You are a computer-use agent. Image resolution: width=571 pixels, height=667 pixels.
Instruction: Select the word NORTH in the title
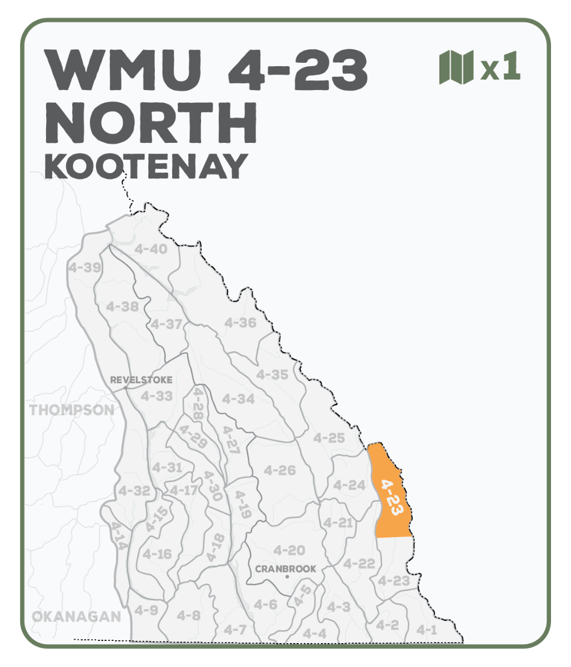point(151,122)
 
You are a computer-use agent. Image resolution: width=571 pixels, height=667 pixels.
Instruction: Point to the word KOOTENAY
point(146,165)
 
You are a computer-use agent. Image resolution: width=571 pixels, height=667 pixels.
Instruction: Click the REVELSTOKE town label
point(141,380)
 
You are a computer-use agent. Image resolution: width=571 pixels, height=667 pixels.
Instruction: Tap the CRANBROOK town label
point(285,569)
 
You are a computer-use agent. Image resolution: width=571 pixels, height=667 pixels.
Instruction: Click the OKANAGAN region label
point(76,616)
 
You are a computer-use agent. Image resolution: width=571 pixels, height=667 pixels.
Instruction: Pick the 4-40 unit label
point(151,249)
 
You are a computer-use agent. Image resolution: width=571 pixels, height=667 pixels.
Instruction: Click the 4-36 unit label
point(240,322)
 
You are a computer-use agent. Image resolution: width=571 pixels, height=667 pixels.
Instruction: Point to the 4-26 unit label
point(279,470)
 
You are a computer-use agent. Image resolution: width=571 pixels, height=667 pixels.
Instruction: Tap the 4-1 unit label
point(427,630)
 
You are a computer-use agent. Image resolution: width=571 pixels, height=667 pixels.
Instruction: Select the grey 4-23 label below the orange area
point(394,581)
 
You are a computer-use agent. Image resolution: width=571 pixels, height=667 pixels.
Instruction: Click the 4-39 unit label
point(84,267)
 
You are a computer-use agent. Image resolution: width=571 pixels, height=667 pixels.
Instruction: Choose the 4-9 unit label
point(146,610)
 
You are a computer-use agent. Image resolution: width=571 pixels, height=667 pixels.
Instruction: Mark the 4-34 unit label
point(238,399)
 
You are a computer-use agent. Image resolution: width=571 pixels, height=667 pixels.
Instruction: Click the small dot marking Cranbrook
point(287,577)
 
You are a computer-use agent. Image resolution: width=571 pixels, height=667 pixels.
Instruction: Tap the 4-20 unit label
point(289,550)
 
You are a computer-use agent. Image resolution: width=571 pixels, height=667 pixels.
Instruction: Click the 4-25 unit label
point(329,438)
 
